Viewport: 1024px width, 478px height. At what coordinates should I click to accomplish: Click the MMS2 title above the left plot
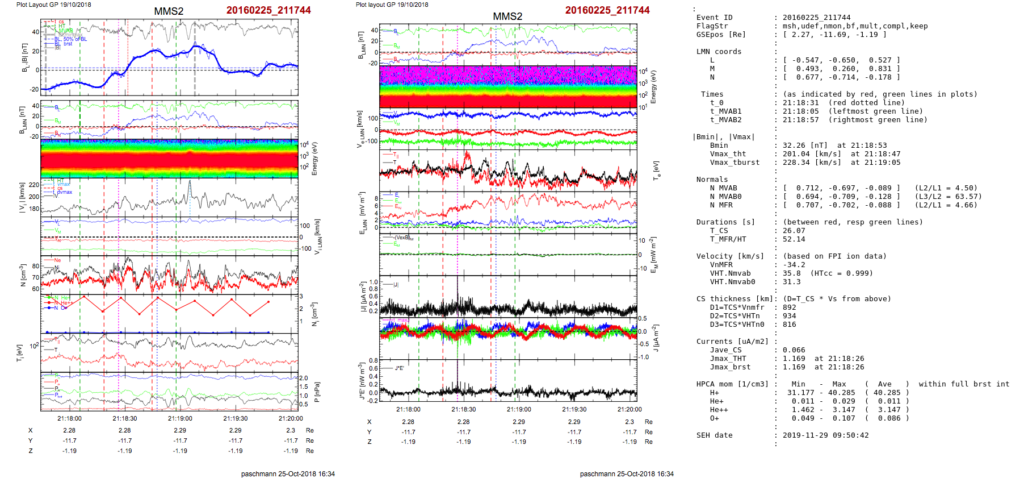pos(169,11)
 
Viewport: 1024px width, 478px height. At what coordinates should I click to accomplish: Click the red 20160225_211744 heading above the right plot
pos(607,10)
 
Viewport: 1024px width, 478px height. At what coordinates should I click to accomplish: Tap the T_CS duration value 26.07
pos(794,231)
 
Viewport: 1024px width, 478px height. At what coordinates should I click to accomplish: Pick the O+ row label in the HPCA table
pos(714,418)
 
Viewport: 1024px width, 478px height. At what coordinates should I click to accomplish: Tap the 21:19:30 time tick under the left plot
pos(236,418)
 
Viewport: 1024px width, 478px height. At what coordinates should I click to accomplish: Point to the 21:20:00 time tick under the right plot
pos(629,409)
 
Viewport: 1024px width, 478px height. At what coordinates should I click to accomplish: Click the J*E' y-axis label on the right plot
pos(362,381)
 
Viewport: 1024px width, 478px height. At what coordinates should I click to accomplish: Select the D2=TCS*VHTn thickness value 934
pos(789,316)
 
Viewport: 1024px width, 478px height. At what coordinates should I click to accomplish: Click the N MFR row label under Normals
pos(721,205)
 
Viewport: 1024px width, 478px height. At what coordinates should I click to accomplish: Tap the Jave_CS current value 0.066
pos(794,350)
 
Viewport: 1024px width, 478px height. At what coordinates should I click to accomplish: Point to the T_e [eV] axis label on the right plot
pos(656,170)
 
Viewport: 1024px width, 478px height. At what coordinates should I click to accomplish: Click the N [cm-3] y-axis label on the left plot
pos(23,275)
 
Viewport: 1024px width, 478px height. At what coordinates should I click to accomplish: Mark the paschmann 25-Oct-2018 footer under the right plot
pos(627,474)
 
